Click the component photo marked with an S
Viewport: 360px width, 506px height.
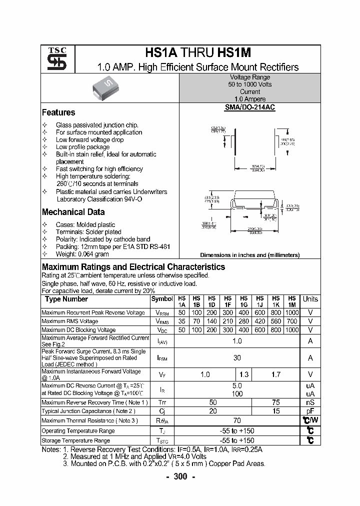click(104, 88)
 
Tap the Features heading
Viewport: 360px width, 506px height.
click(58, 112)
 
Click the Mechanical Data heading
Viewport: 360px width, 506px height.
click(73, 212)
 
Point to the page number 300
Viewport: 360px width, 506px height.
click(180, 476)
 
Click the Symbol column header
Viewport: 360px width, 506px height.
click(161, 299)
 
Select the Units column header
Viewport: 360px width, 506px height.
click(310, 299)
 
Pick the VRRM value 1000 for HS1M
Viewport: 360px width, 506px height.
click(291, 312)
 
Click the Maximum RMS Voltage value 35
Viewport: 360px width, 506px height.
click(182, 321)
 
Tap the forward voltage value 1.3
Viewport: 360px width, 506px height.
click(244, 374)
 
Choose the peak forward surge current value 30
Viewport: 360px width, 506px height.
click(237, 358)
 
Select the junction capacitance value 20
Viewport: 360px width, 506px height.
click(213, 411)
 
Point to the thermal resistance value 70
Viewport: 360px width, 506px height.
click(237, 421)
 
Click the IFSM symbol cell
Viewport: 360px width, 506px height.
click(162, 358)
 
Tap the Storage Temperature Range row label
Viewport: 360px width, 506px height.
click(75, 440)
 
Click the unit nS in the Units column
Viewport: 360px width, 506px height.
click(310, 402)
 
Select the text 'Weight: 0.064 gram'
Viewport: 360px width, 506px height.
click(82, 254)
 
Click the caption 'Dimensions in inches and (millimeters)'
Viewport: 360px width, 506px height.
click(249, 255)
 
